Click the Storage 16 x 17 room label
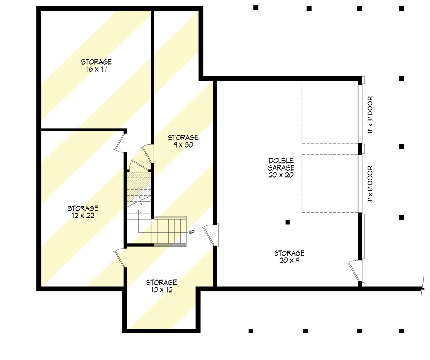tap(96, 66)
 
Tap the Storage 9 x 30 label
tap(183, 141)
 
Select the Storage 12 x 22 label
tap(83, 212)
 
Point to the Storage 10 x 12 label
tap(161, 286)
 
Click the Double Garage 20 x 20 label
tap(281, 167)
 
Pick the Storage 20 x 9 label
tap(289, 257)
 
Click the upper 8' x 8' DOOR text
tap(370, 115)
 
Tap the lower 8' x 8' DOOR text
tap(370, 184)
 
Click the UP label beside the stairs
tap(191, 232)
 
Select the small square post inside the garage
tap(288, 222)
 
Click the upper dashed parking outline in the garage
tap(330, 114)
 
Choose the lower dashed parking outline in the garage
tap(330, 183)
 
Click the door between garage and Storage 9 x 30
tap(211, 235)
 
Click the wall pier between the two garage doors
tap(360, 148)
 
